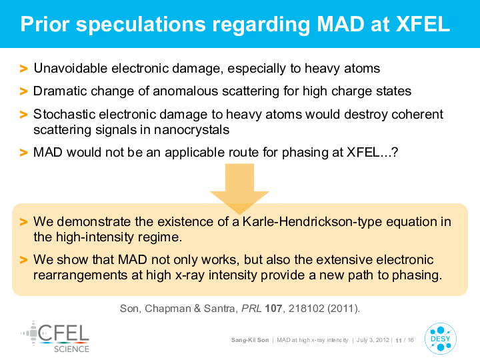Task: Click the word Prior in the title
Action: (x=45, y=24)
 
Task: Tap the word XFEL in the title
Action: (x=423, y=24)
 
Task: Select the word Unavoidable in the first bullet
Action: (x=71, y=68)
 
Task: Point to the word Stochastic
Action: (x=64, y=114)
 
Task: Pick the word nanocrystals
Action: (x=191, y=130)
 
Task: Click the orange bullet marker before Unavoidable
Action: (x=23, y=69)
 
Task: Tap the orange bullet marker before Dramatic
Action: (x=23, y=91)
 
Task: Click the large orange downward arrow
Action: (x=239, y=187)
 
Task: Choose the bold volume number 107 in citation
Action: (x=273, y=308)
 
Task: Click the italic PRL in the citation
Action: (x=251, y=308)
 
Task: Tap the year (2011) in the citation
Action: (x=343, y=308)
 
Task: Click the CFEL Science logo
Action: (x=55, y=337)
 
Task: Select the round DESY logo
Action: (x=441, y=339)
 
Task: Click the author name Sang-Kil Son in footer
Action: (x=250, y=340)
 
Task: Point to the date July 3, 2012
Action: (x=373, y=340)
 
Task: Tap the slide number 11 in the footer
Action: (x=399, y=341)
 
